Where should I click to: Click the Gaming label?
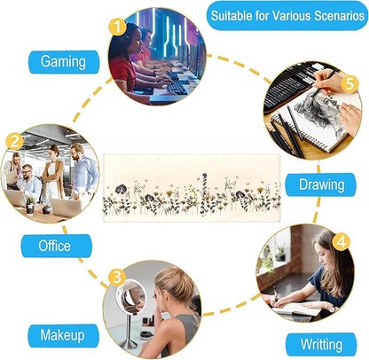(x=64, y=62)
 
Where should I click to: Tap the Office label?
(x=56, y=246)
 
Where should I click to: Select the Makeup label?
(x=63, y=336)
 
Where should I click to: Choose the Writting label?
(x=321, y=345)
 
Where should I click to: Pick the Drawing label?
(x=320, y=184)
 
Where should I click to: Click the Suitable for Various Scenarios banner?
(x=287, y=16)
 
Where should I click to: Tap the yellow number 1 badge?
(x=117, y=27)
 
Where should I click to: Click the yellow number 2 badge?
(x=14, y=141)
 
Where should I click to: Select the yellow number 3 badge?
(x=117, y=277)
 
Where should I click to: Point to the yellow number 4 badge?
(x=342, y=242)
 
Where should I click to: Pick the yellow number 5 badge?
(x=349, y=83)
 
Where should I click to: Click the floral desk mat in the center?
(x=192, y=188)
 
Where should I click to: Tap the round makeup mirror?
(x=130, y=296)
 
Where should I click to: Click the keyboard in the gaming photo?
(x=177, y=88)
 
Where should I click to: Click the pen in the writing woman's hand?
(x=275, y=293)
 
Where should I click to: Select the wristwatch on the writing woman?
(x=331, y=309)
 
